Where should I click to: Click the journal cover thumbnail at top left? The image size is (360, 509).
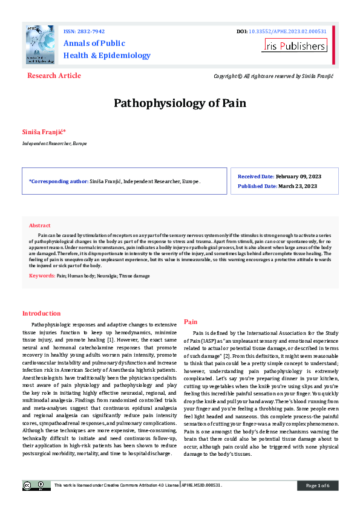click(x=40, y=45)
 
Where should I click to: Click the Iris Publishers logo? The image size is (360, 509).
click(x=294, y=45)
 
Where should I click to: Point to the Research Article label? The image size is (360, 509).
click(x=54, y=76)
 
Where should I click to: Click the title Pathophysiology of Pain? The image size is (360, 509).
click(x=180, y=103)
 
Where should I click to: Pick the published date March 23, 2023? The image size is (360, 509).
click(x=298, y=186)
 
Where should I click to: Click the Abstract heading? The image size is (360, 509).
click(x=40, y=225)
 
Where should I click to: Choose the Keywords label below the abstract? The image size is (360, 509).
click(x=42, y=275)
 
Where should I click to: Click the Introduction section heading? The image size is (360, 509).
click(x=41, y=313)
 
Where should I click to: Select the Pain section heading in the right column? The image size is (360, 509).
click(x=190, y=322)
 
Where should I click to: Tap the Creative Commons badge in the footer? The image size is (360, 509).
click(x=36, y=485)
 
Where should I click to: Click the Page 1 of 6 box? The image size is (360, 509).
click(x=318, y=485)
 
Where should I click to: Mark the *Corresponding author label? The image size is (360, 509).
click(x=58, y=181)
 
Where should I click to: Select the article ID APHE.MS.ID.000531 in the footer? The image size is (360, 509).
click(x=202, y=485)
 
